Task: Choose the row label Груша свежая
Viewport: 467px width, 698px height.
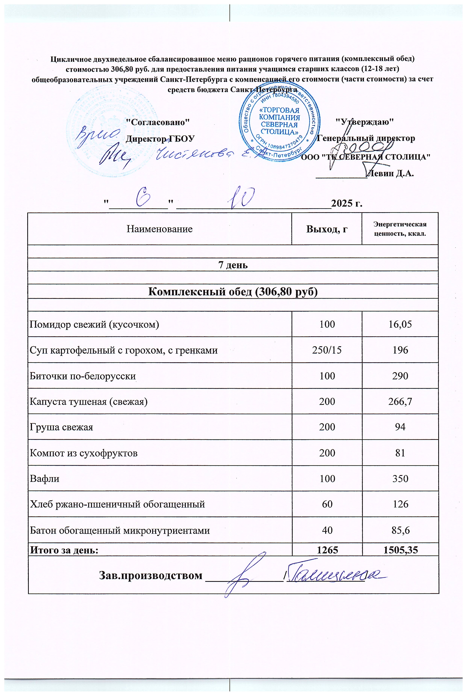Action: click(61, 427)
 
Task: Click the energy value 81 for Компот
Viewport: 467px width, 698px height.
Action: click(400, 453)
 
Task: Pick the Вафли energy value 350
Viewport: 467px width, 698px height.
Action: click(400, 479)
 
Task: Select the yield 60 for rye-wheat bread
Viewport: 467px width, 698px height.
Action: click(327, 504)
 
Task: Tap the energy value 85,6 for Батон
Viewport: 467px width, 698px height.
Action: click(400, 530)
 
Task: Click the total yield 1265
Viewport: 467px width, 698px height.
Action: click(327, 549)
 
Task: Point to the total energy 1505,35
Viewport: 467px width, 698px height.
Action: click(400, 549)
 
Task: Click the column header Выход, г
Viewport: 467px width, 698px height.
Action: click(327, 229)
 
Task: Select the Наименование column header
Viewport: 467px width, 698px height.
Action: click(160, 229)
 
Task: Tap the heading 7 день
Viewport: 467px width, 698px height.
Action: click(233, 265)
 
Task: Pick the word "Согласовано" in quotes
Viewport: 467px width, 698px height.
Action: click(158, 122)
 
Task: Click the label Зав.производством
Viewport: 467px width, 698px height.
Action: click(150, 575)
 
